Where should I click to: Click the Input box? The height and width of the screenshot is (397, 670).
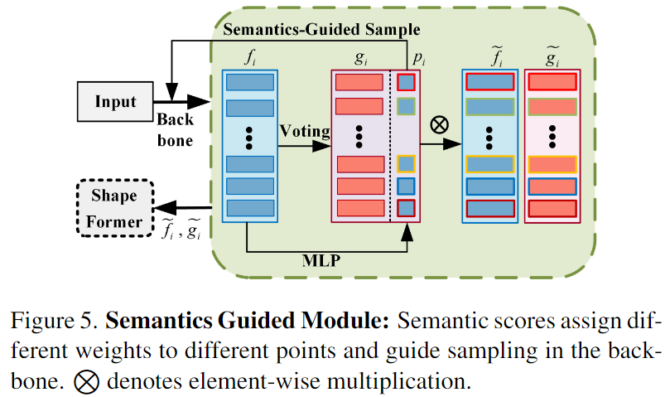[x=115, y=102]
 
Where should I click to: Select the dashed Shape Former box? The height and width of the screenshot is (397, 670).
[x=115, y=209]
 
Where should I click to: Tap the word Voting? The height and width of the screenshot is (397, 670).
[x=305, y=130]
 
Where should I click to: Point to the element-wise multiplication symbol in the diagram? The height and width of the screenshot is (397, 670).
[x=440, y=124]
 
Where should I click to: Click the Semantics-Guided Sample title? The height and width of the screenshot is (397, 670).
[x=321, y=30]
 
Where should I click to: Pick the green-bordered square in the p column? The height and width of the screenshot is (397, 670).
[x=406, y=105]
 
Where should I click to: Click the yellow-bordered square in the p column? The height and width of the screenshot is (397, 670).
[x=406, y=163]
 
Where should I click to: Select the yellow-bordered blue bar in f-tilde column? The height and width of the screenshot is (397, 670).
[x=489, y=163]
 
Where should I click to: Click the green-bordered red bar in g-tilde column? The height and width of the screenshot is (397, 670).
[x=552, y=105]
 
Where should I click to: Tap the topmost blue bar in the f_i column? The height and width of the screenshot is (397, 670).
[x=249, y=82]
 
